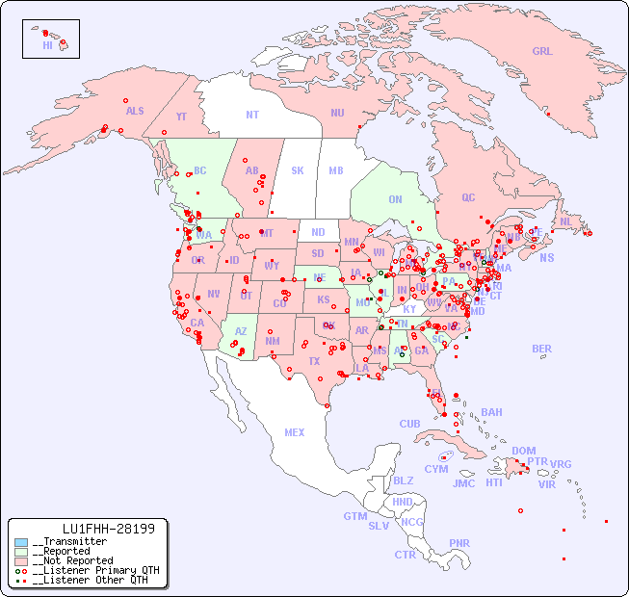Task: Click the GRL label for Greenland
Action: (542, 52)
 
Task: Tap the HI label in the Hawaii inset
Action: (47, 45)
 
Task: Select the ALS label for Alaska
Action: (135, 112)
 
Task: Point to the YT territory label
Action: (181, 117)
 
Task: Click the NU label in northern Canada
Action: (337, 113)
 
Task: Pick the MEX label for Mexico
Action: (294, 433)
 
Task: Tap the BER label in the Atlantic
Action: (541, 350)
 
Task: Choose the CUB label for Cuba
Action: (409, 424)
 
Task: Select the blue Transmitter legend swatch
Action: (21, 542)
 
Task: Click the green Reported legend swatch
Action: (21, 552)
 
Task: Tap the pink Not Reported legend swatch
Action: (21, 560)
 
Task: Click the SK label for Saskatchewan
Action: (298, 171)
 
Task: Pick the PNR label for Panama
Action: (459, 543)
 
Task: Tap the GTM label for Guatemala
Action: (354, 516)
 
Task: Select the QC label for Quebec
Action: (468, 198)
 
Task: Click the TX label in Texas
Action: (313, 362)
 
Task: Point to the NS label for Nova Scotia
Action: (546, 258)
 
